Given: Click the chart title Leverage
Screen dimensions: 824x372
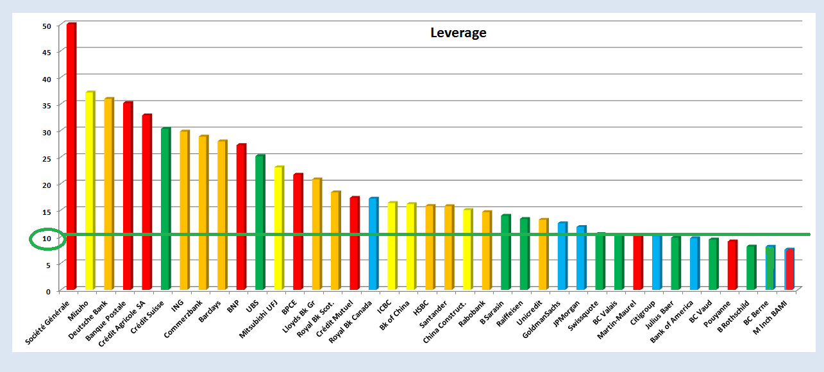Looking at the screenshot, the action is (x=458, y=33).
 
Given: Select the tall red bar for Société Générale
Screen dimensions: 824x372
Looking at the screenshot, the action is (x=71, y=156).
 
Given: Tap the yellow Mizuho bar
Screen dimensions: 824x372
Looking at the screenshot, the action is (x=90, y=190).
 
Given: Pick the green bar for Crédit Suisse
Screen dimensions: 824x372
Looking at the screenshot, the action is (x=165, y=208).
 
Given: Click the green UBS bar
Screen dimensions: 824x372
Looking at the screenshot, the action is (x=260, y=223).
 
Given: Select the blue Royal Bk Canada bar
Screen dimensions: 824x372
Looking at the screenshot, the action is (x=373, y=244).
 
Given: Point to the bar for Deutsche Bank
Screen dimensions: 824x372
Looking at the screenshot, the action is (x=109, y=194).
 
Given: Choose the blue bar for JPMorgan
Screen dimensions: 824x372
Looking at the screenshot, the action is (x=581, y=258).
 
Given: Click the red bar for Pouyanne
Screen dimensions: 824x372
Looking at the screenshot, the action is (x=732, y=265).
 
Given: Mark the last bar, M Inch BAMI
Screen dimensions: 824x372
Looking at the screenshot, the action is (x=789, y=269).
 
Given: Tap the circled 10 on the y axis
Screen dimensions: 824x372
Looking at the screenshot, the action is (x=47, y=239).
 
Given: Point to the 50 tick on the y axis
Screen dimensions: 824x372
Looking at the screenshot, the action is (x=47, y=26).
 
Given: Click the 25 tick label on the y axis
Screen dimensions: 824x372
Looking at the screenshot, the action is (x=47, y=159).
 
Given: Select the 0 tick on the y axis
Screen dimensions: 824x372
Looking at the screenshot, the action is (x=48, y=292).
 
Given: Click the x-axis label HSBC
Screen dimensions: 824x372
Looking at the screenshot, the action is (x=421, y=308).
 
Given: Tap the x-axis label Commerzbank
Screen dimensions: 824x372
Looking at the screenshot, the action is (x=183, y=319).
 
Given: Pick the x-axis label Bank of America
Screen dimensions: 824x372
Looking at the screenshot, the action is (x=672, y=321).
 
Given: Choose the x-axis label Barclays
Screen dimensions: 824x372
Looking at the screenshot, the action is (x=210, y=311).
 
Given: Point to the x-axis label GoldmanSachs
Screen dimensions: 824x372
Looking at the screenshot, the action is (x=541, y=319).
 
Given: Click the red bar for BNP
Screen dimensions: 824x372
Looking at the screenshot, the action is (x=241, y=217).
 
